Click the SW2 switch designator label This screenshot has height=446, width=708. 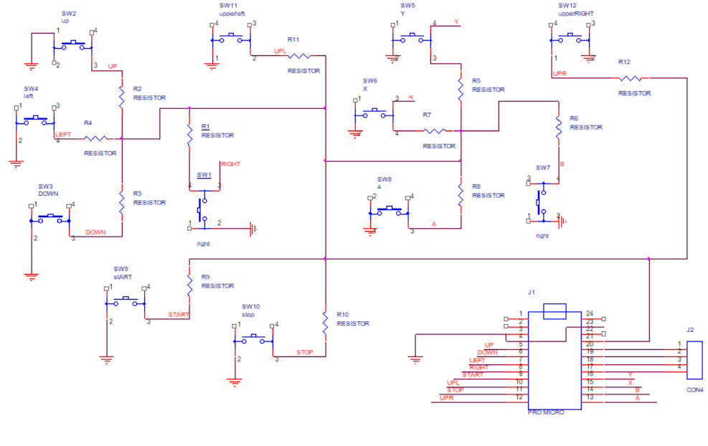coord(69,13)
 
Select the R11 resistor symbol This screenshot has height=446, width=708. coord(298,55)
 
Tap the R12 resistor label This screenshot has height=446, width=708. coord(624,62)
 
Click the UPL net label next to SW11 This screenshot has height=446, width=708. coord(280,51)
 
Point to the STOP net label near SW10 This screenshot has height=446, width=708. coord(306,352)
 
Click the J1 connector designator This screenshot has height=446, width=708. coord(532,292)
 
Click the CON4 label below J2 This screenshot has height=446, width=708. coord(694,389)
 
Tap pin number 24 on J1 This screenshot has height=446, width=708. coord(590,313)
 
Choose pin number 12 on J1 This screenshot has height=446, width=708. coord(519,397)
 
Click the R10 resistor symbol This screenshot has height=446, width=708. coord(326,327)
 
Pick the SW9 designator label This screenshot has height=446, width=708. coord(120,269)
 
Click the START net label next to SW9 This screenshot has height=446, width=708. coord(178,315)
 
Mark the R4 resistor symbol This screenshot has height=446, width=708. coord(97,138)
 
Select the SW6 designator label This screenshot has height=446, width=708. coord(369,81)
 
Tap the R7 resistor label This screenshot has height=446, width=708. coord(427,115)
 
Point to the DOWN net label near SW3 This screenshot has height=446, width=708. coord(95,232)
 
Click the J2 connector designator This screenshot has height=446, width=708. coord(689,330)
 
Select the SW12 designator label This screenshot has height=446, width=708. coord(567,6)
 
